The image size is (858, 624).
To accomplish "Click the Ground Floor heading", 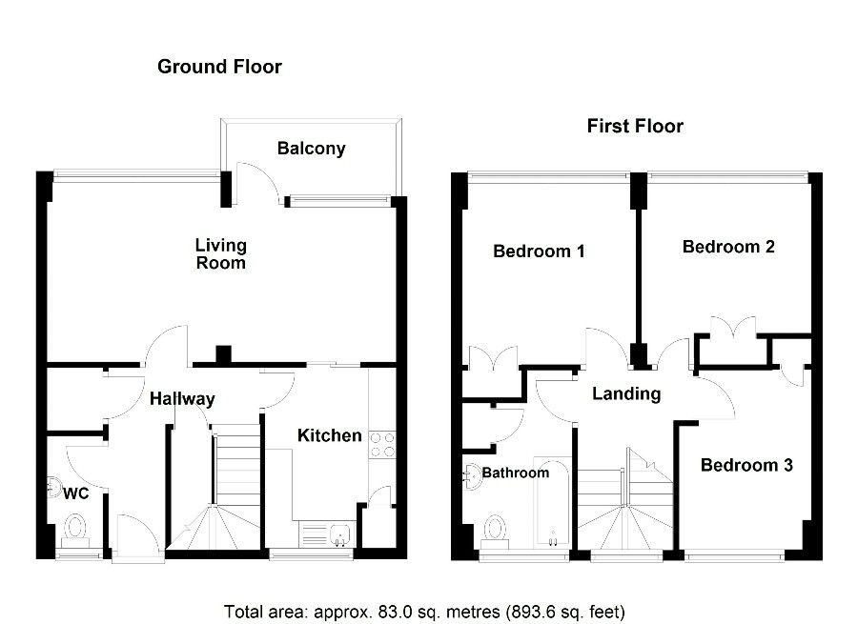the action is tap(219, 67).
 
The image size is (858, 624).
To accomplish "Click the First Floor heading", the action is tap(635, 127).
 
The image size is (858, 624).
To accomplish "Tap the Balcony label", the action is tap(312, 149).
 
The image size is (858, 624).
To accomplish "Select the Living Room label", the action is tap(221, 253).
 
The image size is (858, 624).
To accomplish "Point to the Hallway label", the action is tap(182, 398).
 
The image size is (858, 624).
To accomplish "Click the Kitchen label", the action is tap(330, 435).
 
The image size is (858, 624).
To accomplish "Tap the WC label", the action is tap(75, 493).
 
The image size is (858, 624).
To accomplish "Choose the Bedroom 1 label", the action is tap(539, 251).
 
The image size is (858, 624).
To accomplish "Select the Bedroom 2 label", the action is tap(728, 247).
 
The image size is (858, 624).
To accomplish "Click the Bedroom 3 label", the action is tap(746, 465).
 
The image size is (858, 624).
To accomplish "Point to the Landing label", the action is tap(626, 393).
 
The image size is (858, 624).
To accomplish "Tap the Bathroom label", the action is tap(516, 473).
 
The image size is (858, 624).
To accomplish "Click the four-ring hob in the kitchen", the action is tap(382, 445).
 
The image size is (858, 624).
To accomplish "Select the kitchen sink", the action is tap(340, 535).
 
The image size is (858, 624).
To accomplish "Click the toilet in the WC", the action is tap(75, 531).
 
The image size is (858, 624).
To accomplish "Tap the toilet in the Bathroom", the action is tap(496, 531).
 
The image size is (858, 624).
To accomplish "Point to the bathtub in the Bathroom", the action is tap(552, 501).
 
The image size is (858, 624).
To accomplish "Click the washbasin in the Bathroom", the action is tap(472, 475).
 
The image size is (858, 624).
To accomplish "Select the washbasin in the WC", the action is tap(53, 488).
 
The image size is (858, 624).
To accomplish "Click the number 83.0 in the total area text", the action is tap(393, 612).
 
